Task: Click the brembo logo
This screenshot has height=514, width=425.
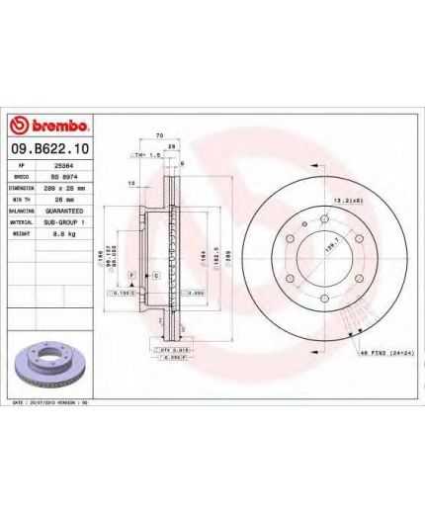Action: tap(49, 127)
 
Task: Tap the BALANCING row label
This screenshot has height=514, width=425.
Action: tap(25, 211)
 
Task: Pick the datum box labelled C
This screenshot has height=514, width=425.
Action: tap(156, 274)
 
